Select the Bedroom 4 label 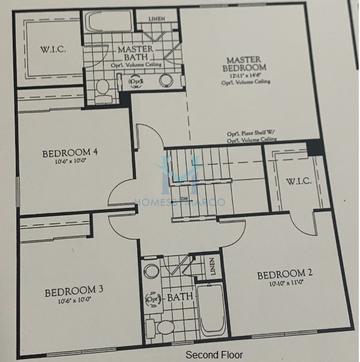(71, 155)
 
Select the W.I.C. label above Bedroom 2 (297, 181)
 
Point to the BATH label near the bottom (180, 298)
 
